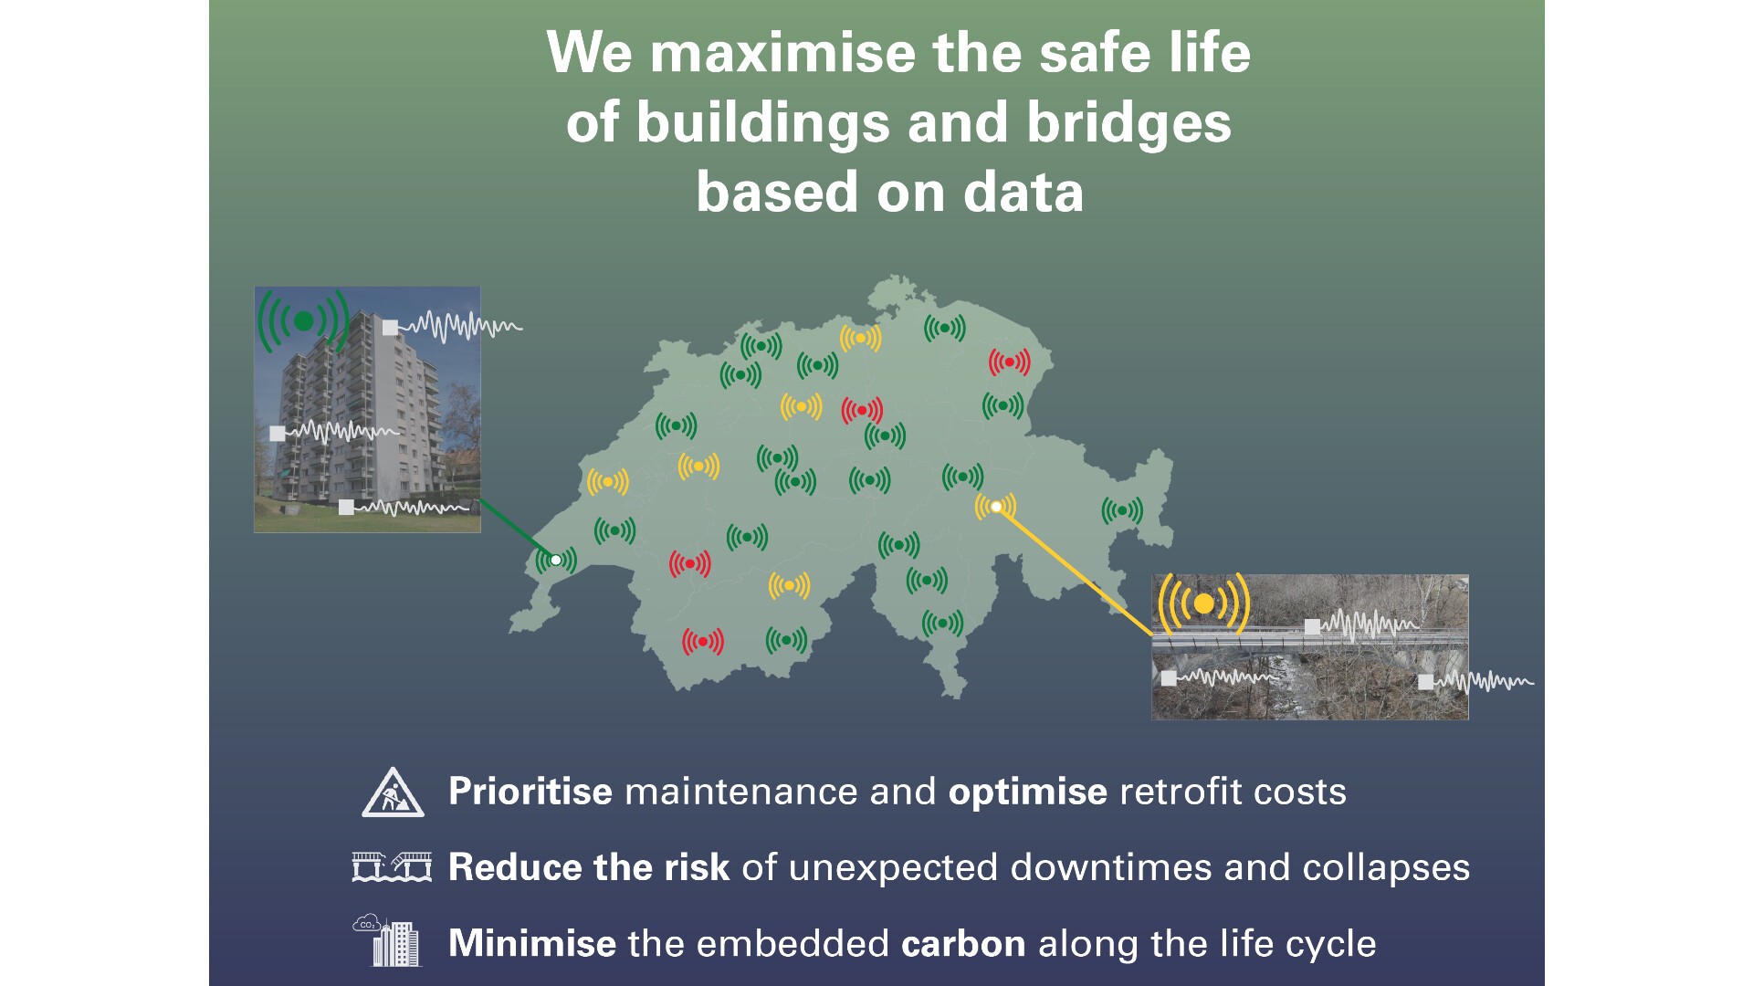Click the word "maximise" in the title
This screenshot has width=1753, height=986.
[782, 52]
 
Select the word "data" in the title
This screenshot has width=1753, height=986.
[1023, 193]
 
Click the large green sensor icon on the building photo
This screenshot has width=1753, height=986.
[304, 320]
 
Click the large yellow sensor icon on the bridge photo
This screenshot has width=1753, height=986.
[1203, 603]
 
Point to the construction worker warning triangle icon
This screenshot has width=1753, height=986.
[393, 792]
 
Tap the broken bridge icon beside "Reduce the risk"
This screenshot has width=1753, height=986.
[392, 867]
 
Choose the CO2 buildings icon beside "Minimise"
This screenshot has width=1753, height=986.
[388, 940]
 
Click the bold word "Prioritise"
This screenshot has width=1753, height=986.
[530, 792]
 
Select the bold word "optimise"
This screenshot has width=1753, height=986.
[1028, 792]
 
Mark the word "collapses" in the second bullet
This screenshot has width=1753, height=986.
[1386, 868]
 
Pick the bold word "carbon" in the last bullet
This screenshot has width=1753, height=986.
[963, 944]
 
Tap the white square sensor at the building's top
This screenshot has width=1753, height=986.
[390, 328]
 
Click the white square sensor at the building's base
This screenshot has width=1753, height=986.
[346, 507]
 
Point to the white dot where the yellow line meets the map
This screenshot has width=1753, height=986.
[996, 507]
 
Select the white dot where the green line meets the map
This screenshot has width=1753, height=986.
[555, 560]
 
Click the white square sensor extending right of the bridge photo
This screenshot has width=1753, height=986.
[1425, 681]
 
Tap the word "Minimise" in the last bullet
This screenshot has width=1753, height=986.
[532, 943]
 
